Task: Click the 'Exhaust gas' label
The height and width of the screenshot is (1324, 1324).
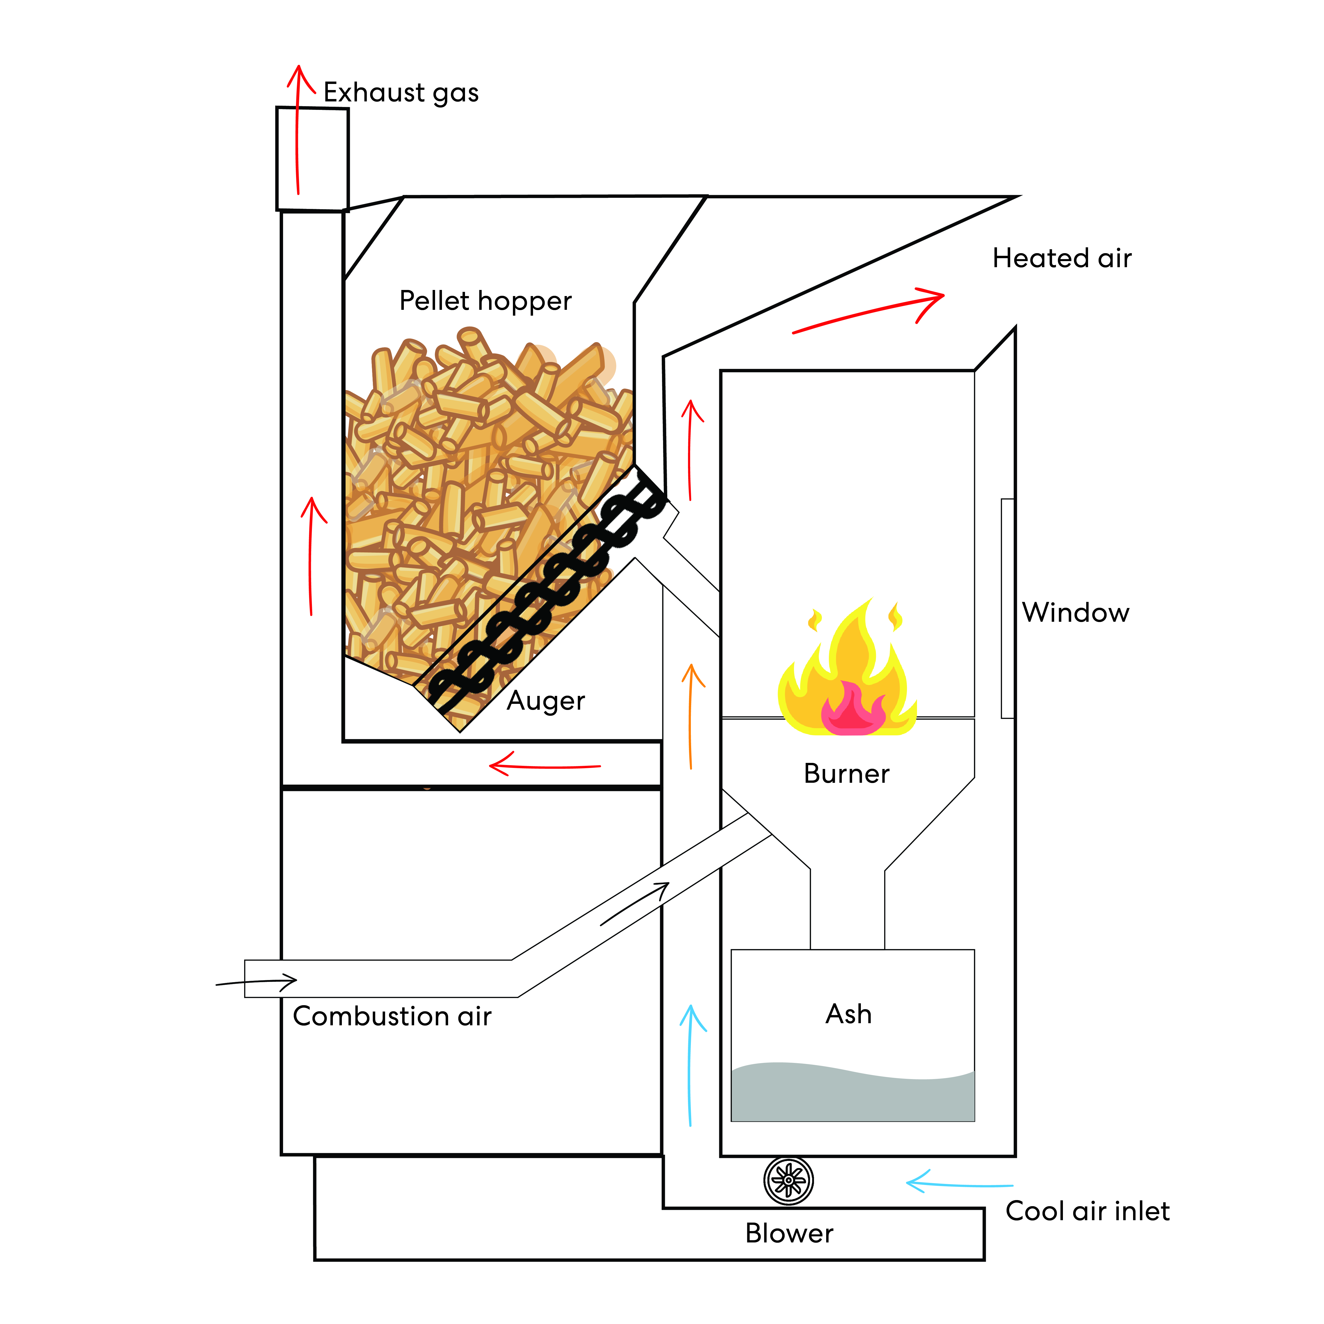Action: coord(401,92)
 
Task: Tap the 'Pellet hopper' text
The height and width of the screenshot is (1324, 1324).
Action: coord(485,301)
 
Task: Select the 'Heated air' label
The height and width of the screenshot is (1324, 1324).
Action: coord(1062,258)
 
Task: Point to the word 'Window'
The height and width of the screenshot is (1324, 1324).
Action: coord(1075,613)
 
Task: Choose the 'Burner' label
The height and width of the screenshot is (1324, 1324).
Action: coord(846,774)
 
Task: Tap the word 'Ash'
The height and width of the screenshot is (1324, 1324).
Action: coord(848,1014)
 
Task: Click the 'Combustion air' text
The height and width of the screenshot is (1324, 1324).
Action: coord(392,1016)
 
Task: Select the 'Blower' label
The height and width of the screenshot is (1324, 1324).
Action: coord(789,1233)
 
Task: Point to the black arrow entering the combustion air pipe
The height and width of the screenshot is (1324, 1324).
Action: coord(257,982)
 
